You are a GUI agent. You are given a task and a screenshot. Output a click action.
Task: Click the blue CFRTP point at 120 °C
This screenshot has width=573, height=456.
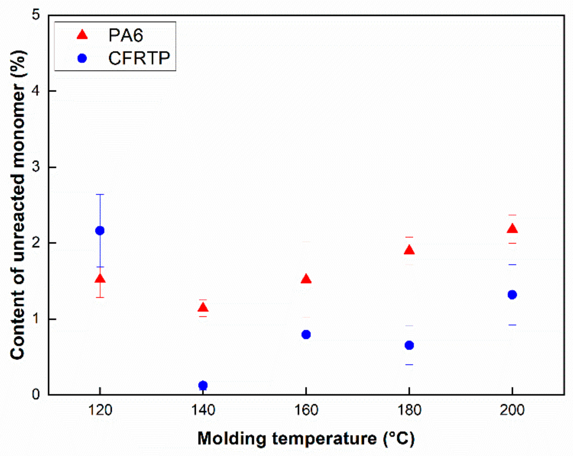tap(100, 231)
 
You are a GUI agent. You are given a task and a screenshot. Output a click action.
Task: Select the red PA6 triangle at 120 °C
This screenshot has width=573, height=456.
tap(100, 279)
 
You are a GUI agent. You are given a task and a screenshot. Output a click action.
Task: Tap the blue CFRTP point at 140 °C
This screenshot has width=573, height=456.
tap(203, 385)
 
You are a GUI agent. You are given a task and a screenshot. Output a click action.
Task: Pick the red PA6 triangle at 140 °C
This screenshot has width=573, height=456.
tap(203, 307)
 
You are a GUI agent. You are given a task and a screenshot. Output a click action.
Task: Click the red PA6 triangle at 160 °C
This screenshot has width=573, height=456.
tap(306, 279)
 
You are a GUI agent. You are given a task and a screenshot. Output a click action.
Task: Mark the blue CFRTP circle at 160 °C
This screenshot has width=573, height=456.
tap(306, 335)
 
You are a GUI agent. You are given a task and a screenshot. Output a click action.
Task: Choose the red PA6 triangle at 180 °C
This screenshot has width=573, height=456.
tap(409, 250)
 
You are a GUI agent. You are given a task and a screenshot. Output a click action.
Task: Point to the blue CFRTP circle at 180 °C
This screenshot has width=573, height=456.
tap(409, 345)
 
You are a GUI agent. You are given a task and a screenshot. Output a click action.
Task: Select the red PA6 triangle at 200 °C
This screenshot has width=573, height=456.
tap(512, 229)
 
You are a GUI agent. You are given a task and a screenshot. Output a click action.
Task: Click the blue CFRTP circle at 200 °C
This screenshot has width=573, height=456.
tap(512, 295)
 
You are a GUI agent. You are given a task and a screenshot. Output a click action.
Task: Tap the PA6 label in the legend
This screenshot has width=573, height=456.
tap(126, 35)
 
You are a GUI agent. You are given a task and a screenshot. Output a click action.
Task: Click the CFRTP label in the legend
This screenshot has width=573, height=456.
tap(139, 58)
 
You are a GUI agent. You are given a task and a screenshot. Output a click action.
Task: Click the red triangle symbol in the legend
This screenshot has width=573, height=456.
tap(82, 35)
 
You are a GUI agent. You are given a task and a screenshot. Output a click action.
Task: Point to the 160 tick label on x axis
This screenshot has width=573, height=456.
tap(306, 410)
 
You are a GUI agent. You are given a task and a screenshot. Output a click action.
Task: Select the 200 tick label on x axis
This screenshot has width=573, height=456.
tap(512, 410)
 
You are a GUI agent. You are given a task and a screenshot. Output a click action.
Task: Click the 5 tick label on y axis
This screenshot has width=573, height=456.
tap(36, 14)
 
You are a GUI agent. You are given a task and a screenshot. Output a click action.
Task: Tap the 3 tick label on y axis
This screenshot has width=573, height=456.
tap(36, 167)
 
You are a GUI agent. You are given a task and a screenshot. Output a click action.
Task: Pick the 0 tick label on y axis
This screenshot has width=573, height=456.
tap(36, 394)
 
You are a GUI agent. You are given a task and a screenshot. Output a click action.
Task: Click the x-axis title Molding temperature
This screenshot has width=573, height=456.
tap(306, 438)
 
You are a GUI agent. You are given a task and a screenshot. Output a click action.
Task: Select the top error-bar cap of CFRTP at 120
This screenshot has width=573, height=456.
tap(100, 194)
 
